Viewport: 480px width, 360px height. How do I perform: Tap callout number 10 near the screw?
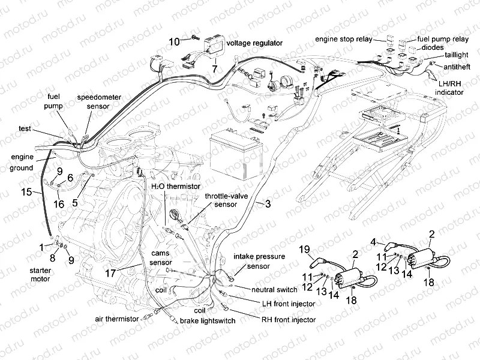tap(174, 41)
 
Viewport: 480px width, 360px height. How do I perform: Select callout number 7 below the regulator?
tap(214, 69)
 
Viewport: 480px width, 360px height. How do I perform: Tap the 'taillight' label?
tap(456, 55)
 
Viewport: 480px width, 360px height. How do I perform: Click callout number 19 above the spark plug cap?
tap(304, 249)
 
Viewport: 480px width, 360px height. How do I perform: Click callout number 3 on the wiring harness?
tap(268, 205)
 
